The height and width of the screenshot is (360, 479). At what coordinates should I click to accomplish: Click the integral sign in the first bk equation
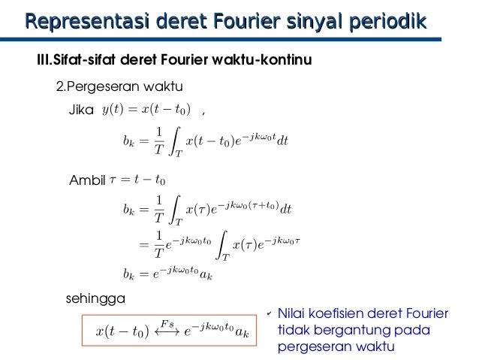pos(173,140)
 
